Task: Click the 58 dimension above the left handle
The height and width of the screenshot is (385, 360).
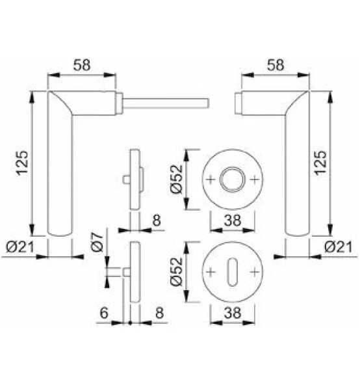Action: point(81,65)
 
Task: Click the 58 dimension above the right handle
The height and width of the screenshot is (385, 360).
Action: point(276,65)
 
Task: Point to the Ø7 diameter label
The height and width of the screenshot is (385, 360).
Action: point(96,244)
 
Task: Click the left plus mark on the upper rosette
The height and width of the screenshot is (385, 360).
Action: point(211,179)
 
